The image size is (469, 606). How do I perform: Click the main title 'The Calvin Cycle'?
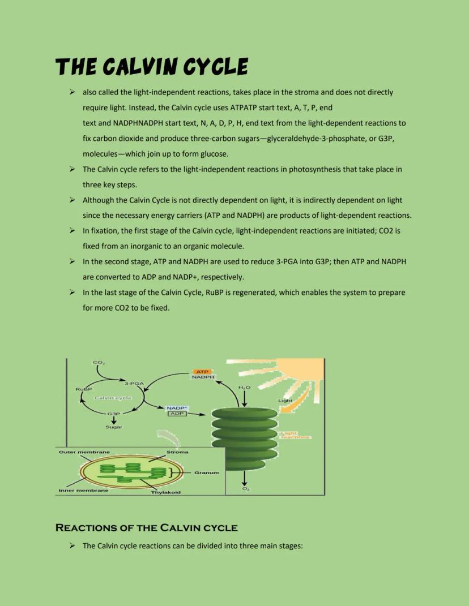[151, 67]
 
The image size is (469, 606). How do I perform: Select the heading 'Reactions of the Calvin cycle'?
[146, 528]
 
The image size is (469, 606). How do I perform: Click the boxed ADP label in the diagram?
[177, 414]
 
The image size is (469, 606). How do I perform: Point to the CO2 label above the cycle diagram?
[98, 362]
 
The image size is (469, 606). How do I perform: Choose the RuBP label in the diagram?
[84, 389]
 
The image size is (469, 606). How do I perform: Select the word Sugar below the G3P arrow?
[114, 427]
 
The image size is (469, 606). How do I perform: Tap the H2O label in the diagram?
[244, 387]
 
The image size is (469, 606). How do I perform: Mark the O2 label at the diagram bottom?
[245, 488]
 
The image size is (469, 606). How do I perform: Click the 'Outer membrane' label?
[84, 452]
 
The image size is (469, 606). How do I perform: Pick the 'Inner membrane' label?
[83, 490]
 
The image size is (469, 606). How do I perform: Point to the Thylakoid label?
[165, 492]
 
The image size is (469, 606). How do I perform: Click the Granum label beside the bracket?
[206, 472]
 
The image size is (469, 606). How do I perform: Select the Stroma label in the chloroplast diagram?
[177, 452]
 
